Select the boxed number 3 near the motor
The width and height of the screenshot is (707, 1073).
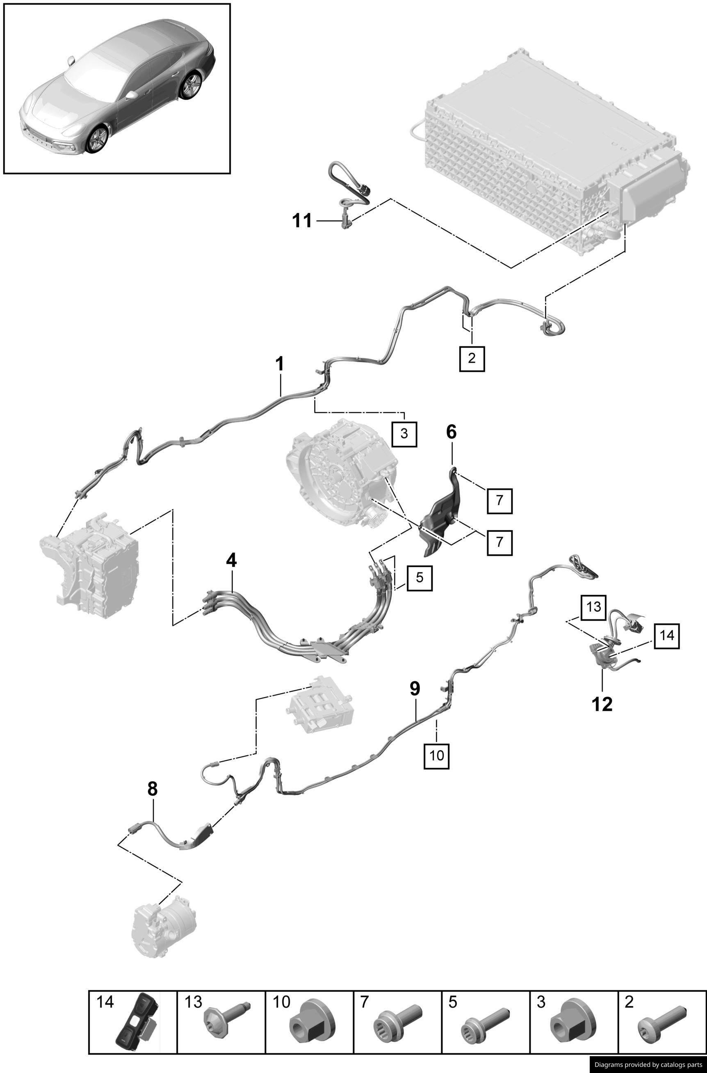(404, 433)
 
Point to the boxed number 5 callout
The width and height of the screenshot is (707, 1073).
(420, 577)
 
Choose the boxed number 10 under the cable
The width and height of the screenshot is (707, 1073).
(436, 755)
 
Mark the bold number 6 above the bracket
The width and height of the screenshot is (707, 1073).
(451, 432)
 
